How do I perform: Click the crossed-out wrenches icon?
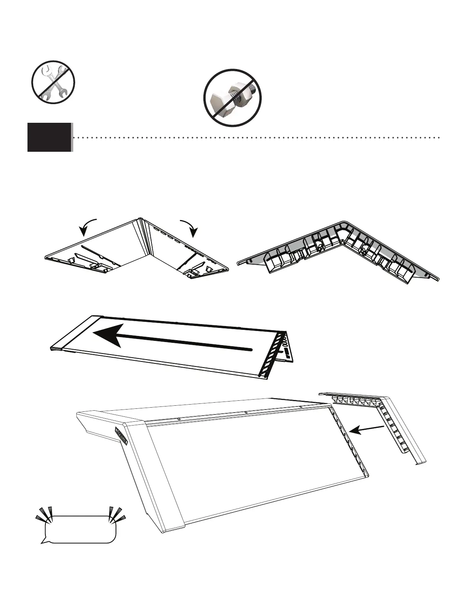53,82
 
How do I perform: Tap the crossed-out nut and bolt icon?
232,98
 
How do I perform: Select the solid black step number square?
49,137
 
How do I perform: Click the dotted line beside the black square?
256,137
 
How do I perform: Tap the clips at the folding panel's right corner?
198,271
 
